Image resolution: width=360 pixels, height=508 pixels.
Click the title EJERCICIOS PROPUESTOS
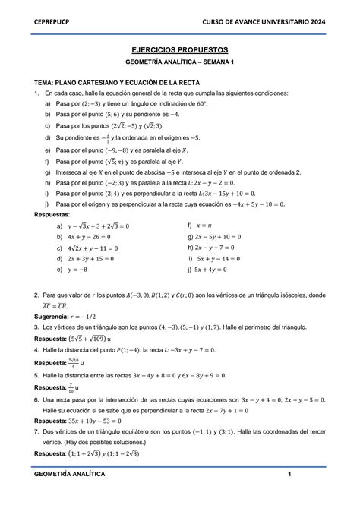180,47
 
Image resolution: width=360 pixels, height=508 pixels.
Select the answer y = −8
81,269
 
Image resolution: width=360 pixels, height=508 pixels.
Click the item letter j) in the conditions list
49,204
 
